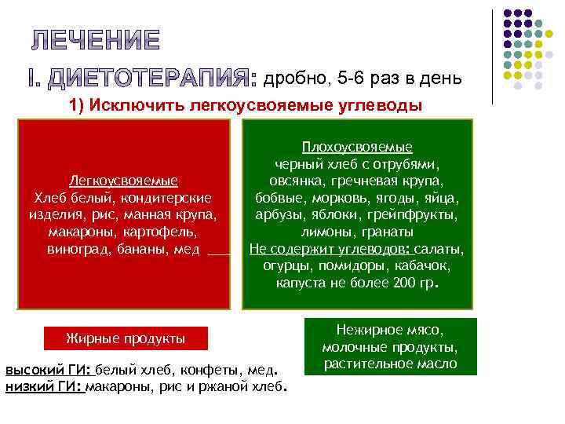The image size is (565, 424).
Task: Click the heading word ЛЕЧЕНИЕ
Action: click(97, 39)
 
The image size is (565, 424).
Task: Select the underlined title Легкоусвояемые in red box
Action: click(123, 181)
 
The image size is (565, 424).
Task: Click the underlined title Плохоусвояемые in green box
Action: click(357, 148)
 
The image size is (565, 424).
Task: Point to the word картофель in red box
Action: click(162, 232)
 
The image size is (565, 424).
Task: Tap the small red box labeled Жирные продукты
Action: click(126, 339)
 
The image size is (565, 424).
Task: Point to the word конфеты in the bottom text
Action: click(213, 371)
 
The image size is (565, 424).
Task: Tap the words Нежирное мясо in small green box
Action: click(389, 330)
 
